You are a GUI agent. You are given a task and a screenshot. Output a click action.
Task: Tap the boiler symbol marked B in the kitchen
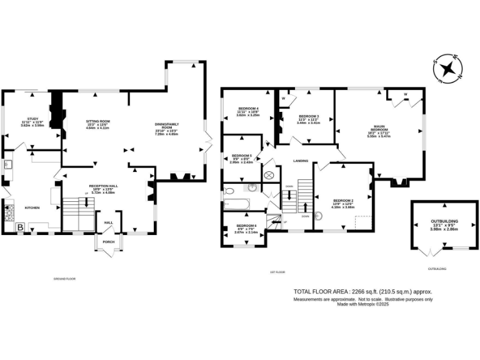tap(20, 227)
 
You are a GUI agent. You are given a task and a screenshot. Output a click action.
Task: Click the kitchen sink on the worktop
tap(8, 165)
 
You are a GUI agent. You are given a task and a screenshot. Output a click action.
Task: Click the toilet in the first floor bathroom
tap(230, 190)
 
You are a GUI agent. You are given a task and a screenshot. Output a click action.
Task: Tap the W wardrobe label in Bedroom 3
tap(283, 99)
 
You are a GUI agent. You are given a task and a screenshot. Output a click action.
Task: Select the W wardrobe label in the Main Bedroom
tap(406, 95)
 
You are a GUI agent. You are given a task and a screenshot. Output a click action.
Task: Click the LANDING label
tap(300, 161)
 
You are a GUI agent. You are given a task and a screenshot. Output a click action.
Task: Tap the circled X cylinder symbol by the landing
tap(269, 176)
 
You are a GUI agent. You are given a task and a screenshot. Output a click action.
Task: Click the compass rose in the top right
tap(447, 67)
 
